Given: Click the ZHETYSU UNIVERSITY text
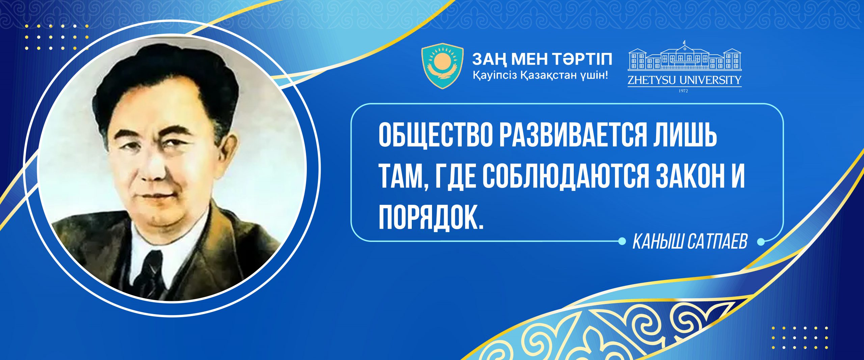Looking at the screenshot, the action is (684, 80).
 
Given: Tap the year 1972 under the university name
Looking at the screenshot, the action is (684, 91).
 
